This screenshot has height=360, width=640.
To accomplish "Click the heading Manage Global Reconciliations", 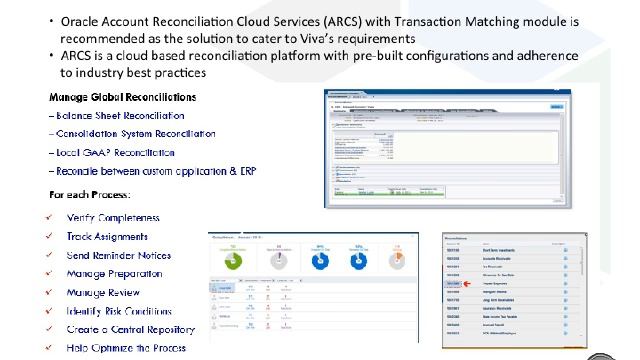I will coord(122,97).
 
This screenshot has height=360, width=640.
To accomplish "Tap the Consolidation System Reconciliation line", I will coord(132,134).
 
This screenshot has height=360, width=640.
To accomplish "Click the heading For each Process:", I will coord(91,192).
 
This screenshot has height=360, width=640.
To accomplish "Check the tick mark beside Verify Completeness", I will coord(50,218).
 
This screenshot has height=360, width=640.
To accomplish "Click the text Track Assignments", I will coord(106,237).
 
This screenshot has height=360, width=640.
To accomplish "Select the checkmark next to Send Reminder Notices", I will coord(50,256).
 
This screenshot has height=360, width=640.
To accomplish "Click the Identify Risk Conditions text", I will coord(118,311).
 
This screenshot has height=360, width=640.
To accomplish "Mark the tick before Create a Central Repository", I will coord(50,330).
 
